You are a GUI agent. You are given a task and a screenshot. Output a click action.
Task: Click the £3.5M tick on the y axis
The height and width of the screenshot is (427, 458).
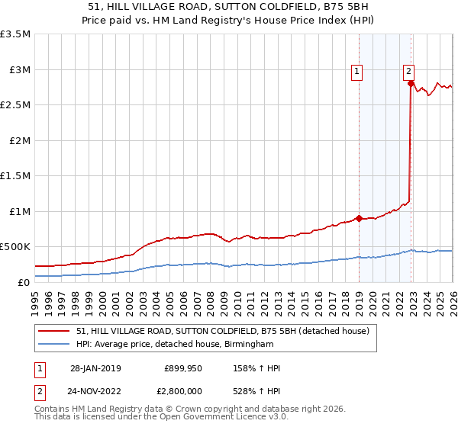point(16,34)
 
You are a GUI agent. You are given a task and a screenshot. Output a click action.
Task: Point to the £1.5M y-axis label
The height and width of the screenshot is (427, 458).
point(16,176)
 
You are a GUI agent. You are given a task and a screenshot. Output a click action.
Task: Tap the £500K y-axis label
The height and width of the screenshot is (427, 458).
point(16,247)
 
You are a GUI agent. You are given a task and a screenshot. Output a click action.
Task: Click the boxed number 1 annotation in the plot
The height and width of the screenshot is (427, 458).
point(356,72)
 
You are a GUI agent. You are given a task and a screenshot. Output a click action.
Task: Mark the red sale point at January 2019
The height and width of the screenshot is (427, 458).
point(359,218)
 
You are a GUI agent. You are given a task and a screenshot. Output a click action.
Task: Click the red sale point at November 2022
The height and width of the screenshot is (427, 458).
point(411,85)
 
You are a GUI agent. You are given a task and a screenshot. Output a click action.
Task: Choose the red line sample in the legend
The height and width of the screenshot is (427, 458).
point(55,331)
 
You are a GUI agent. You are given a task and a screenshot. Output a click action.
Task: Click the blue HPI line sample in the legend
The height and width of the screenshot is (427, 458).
point(55,345)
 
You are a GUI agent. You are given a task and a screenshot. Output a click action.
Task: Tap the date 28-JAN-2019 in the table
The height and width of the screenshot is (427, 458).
point(95,368)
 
